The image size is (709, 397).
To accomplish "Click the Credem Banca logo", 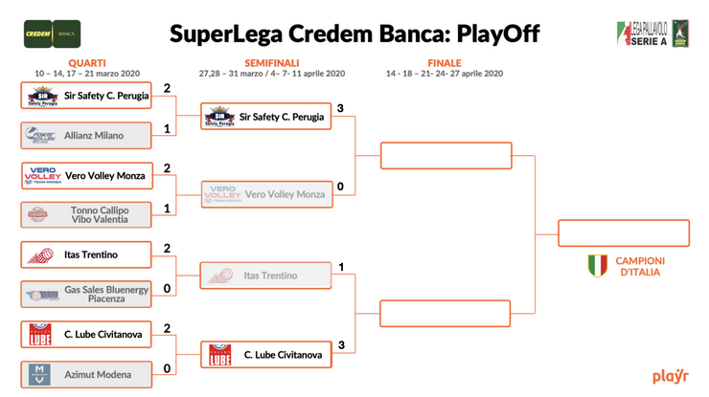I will point(52,33).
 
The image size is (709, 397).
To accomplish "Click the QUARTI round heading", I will point(87,63).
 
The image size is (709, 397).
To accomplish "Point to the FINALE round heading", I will point(444,63).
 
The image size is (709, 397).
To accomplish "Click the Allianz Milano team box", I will point(85,136).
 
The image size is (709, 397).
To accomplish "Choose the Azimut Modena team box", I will point(85,374).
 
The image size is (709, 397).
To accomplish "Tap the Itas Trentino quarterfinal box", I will point(85,255).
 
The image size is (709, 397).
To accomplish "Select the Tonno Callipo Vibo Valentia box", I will point(85,215).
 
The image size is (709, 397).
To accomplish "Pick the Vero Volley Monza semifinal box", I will point(265,195).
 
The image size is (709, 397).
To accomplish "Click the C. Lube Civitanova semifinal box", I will point(265,356).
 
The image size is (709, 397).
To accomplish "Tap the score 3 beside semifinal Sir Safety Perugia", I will point(340,107).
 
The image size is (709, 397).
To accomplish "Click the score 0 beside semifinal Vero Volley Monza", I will point(340,187).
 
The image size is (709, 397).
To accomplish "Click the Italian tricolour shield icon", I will point(596,265).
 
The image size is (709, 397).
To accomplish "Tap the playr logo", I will point(670,376).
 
